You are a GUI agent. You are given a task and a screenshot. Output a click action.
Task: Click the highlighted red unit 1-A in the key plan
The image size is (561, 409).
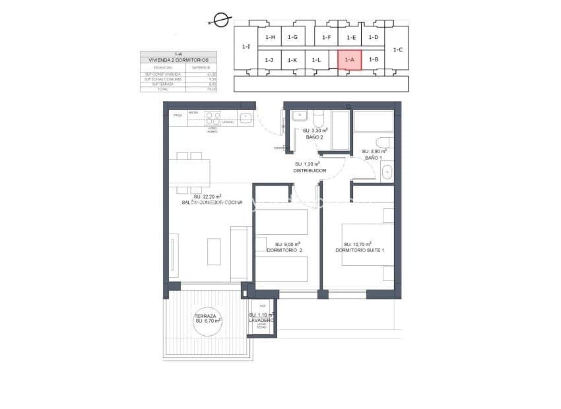tap(350, 59)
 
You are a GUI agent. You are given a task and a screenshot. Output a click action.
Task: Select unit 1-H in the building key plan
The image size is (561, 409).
tap(270, 38)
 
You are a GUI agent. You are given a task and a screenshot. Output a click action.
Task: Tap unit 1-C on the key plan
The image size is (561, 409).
tap(397, 49)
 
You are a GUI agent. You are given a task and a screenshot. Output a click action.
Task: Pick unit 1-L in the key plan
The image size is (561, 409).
tap(316, 60)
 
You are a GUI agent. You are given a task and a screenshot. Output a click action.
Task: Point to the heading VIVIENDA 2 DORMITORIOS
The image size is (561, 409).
tap(178, 60)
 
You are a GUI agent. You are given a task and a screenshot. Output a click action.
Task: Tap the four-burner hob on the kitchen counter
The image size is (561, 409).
tap(213, 118)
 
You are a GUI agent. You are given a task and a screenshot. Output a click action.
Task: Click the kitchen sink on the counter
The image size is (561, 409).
tap(246, 118)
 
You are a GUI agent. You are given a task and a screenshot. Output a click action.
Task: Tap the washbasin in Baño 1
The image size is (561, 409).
tap(387, 172)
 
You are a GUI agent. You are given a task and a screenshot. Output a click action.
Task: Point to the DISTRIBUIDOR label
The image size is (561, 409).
tap(310, 170)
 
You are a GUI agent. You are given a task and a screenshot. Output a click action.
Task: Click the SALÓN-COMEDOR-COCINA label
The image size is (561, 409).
tap(208, 203)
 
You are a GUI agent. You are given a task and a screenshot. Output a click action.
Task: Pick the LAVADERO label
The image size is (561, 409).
tap(261, 320)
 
